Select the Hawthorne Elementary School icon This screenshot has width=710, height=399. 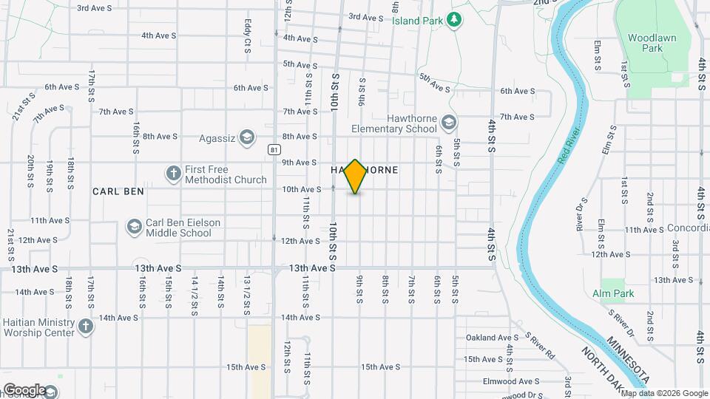(x=447, y=121)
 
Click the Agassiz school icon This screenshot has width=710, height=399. (x=247, y=137)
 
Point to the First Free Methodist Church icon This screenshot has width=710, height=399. (x=173, y=173)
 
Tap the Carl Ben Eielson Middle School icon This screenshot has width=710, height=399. (x=134, y=226)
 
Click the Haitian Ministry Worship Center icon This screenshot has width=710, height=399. (x=86, y=326)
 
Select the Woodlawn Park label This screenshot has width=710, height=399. (x=644, y=42)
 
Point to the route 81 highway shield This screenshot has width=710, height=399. (x=274, y=149)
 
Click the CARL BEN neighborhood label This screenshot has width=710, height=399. (x=118, y=191)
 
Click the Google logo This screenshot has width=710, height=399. (x=24, y=389)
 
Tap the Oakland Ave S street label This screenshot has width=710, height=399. (x=490, y=338)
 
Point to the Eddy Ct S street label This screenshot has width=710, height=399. (x=248, y=35)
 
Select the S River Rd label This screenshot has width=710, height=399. (x=540, y=344)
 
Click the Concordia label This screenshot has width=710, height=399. (x=688, y=229)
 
